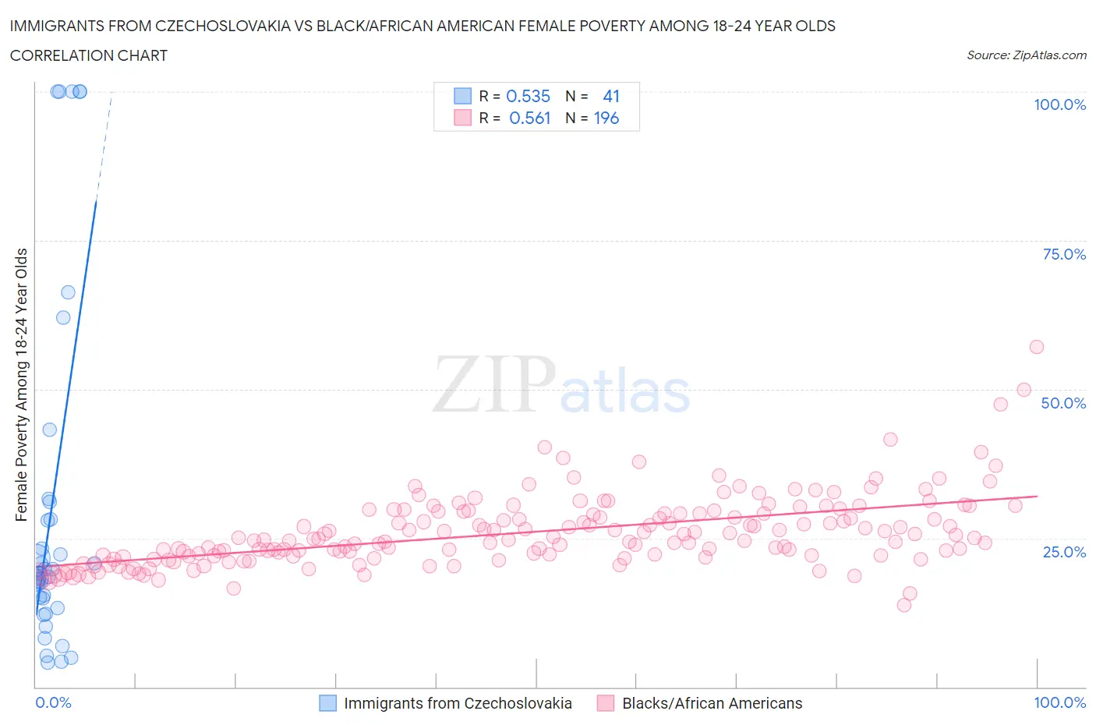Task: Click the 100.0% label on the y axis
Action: click(1059, 104)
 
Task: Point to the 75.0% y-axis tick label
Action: click(1064, 254)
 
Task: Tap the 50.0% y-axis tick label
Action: click(1063, 403)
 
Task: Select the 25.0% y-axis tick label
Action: click(1064, 552)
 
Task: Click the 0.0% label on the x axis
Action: click(53, 702)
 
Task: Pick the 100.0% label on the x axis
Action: click(1059, 702)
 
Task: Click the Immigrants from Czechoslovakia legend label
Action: click(458, 703)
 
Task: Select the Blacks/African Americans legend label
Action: click(712, 703)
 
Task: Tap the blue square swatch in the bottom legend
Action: click(328, 703)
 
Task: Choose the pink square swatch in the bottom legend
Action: click(606, 703)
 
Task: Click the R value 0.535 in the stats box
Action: click(528, 96)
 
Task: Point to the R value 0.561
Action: click(529, 118)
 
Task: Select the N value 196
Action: click(606, 118)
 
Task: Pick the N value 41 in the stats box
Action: click(611, 96)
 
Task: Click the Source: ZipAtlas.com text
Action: click(1026, 55)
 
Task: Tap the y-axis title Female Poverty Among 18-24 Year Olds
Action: click(21, 384)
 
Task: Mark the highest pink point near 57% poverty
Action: click(1036, 347)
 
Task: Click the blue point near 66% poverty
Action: click(68, 292)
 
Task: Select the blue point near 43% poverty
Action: click(49, 430)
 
